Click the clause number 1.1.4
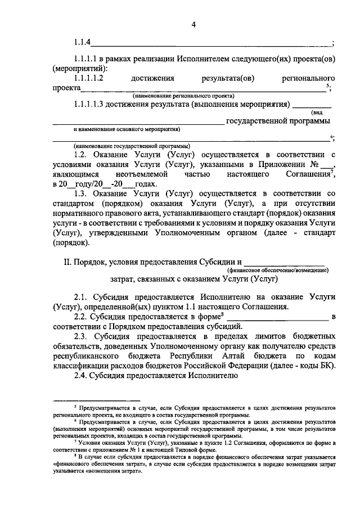pos(83,43)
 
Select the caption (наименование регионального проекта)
pos(184,96)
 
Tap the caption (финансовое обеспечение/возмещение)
pos(286,271)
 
